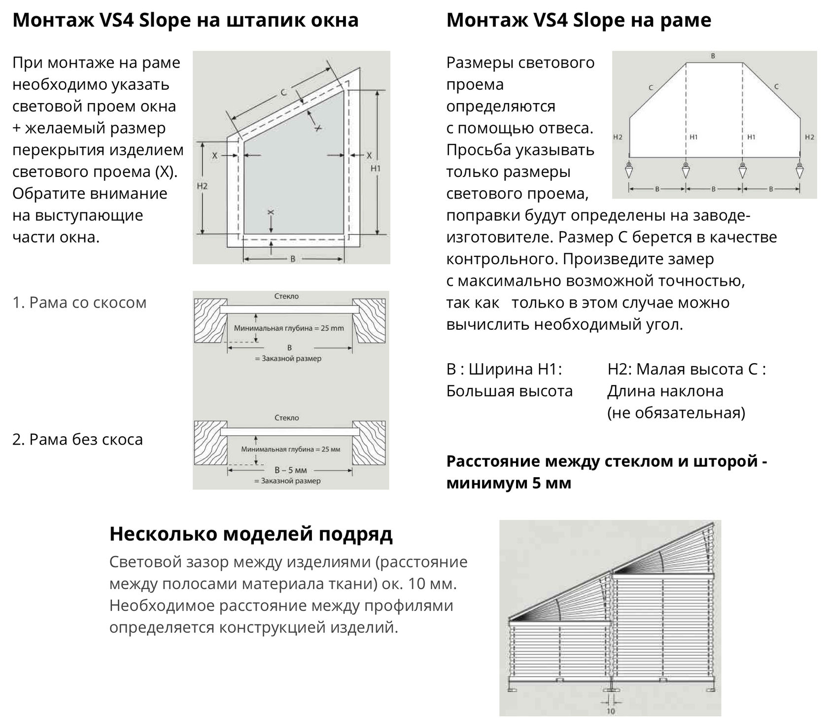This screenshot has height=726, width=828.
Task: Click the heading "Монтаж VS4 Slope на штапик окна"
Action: coord(185,20)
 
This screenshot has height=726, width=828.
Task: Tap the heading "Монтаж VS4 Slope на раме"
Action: coord(579,20)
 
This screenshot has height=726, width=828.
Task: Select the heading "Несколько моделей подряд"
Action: coord(251,534)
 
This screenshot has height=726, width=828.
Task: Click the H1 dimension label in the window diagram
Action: coord(376,169)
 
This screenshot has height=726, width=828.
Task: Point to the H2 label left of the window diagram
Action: coord(202,186)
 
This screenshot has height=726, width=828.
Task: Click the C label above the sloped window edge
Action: coord(283,92)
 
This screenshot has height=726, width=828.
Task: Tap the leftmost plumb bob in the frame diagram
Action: coord(629,171)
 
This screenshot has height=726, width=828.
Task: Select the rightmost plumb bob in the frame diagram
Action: coord(799,171)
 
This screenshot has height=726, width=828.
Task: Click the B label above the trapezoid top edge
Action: coord(713,56)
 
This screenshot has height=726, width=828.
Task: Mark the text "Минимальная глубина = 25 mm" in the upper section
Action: coord(289,328)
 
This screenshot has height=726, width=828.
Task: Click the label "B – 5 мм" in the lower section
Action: coord(290,470)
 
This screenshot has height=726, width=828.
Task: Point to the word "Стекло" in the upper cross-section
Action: coord(286,297)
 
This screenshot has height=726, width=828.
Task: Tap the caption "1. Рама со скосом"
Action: coord(79,302)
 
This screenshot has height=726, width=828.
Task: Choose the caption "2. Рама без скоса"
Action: coord(77,439)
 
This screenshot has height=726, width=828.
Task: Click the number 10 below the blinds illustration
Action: coord(611,711)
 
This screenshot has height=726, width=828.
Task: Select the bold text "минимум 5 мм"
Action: coord(509,483)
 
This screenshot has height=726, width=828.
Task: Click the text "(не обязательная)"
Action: coord(676,413)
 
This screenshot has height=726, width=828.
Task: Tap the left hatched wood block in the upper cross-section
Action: coord(210,320)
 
